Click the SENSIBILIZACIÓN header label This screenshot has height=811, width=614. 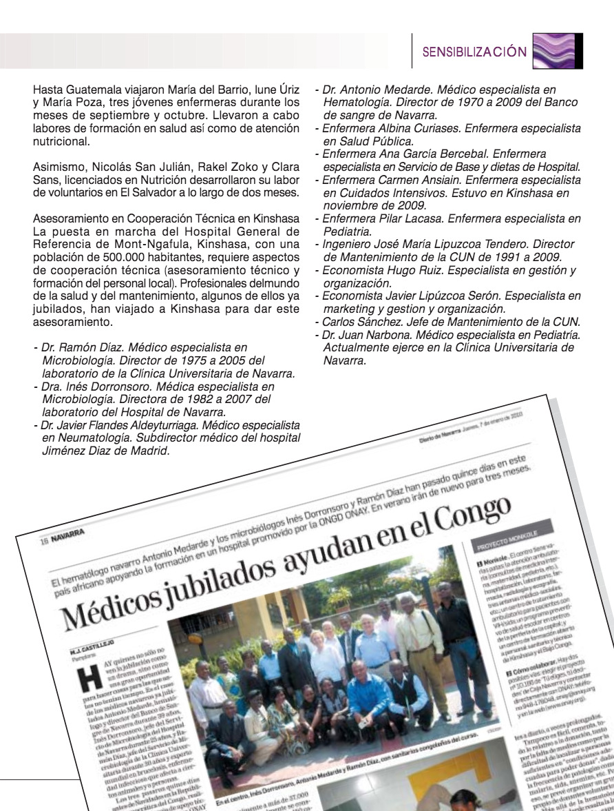click(x=474, y=52)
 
